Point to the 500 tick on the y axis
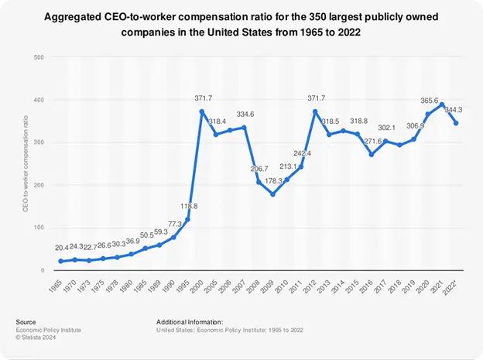coord(39,57)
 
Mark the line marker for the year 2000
coord(202,111)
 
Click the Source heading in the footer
coord(26,321)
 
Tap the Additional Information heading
coord(189,321)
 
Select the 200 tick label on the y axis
coord(39,185)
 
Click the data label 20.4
coord(61,248)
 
